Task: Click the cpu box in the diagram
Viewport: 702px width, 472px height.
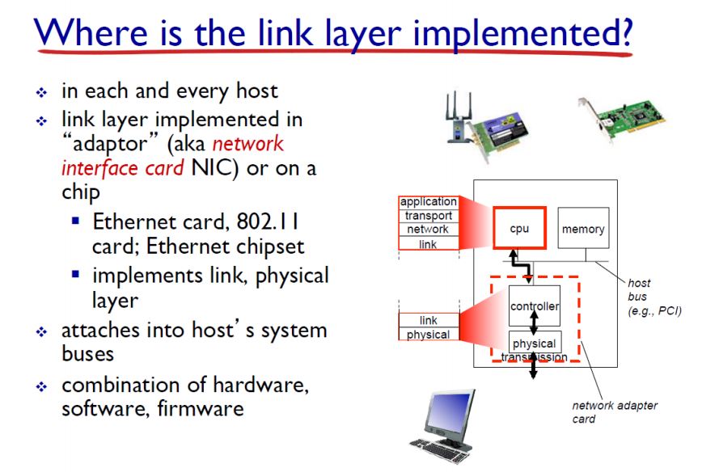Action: (520, 229)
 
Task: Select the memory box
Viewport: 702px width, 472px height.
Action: (583, 230)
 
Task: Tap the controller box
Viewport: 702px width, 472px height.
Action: (535, 306)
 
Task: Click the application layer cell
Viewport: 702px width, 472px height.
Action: (428, 202)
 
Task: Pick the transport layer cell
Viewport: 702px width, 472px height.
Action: (428, 216)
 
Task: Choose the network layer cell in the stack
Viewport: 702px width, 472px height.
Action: (428, 230)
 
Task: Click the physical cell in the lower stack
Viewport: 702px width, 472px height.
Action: (428, 335)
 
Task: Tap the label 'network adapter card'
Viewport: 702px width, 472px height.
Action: (615, 412)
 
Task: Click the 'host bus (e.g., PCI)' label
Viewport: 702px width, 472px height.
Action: (652, 297)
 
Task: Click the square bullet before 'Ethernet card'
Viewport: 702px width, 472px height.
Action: (75, 221)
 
